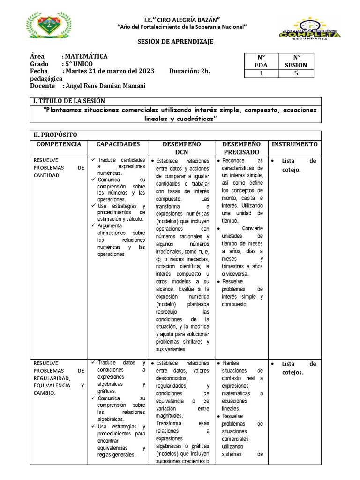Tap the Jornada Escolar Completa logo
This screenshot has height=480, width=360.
tap(316, 30)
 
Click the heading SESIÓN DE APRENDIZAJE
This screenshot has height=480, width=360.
tap(175, 42)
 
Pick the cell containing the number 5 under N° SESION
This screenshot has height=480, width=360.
tap(296, 73)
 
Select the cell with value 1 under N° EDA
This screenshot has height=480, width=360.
tap(261, 73)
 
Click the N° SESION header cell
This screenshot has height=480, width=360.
tap(296, 61)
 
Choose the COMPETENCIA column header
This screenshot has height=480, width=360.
tap(59, 144)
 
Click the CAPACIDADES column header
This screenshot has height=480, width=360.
tap(118, 144)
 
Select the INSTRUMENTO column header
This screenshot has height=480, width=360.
tap(294, 144)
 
